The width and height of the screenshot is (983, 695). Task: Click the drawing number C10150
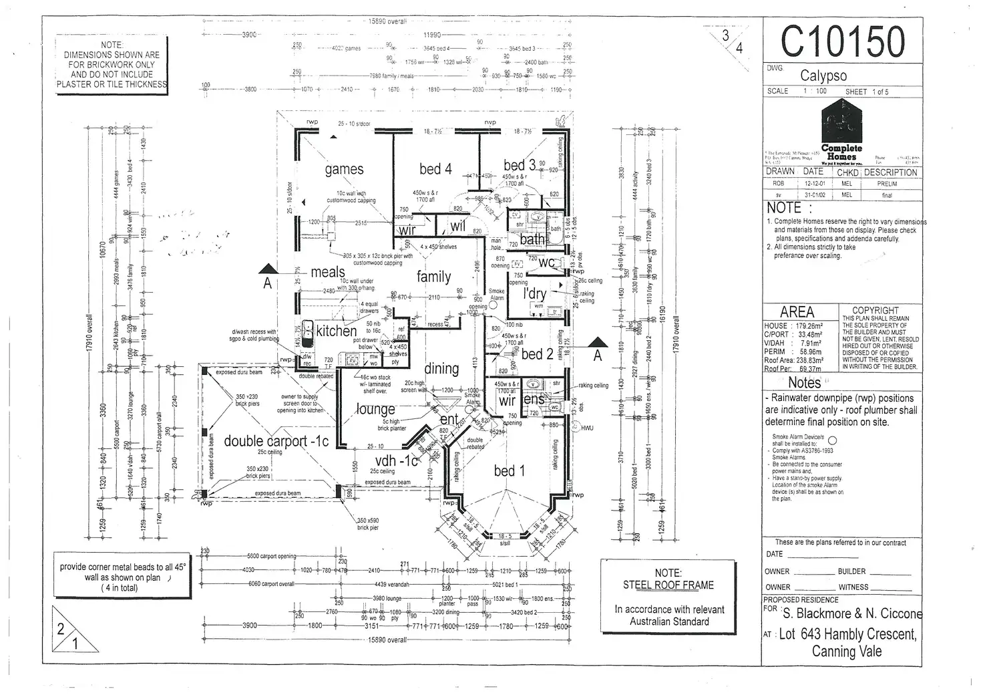tap(842, 41)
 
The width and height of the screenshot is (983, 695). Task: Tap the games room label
tap(344, 170)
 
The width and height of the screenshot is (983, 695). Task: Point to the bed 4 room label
tap(435, 169)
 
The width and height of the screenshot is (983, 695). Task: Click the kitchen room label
tap(337, 331)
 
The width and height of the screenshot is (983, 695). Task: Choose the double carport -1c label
tap(276, 441)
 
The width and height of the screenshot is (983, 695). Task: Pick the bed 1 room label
tap(510, 471)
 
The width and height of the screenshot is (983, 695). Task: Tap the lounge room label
tap(375, 409)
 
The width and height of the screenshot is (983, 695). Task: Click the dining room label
tap(441, 368)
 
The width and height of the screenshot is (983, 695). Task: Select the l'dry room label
tap(534, 294)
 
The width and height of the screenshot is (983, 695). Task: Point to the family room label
tap(434, 276)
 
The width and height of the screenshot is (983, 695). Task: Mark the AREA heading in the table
tap(797, 312)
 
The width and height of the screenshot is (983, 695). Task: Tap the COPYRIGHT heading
tap(875, 310)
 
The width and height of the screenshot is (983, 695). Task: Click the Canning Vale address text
tap(846, 652)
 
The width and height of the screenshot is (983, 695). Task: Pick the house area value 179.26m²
tap(806, 326)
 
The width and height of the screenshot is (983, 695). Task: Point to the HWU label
tap(586, 428)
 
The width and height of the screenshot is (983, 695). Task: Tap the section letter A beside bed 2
tap(598, 356)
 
